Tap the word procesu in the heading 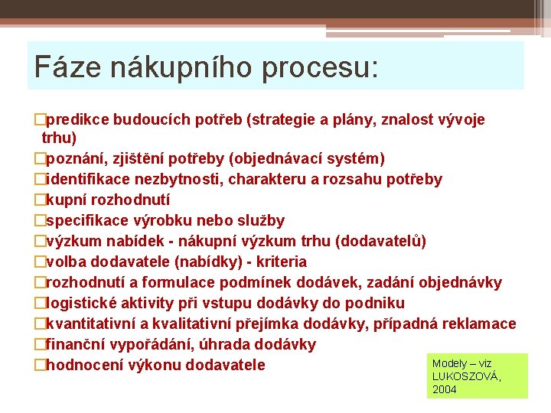point(318,67)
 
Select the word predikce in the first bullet point(79,119)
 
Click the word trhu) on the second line point(60,138)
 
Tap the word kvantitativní point(93,324)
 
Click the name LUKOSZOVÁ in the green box point(465,376)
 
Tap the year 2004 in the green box point(444,389)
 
